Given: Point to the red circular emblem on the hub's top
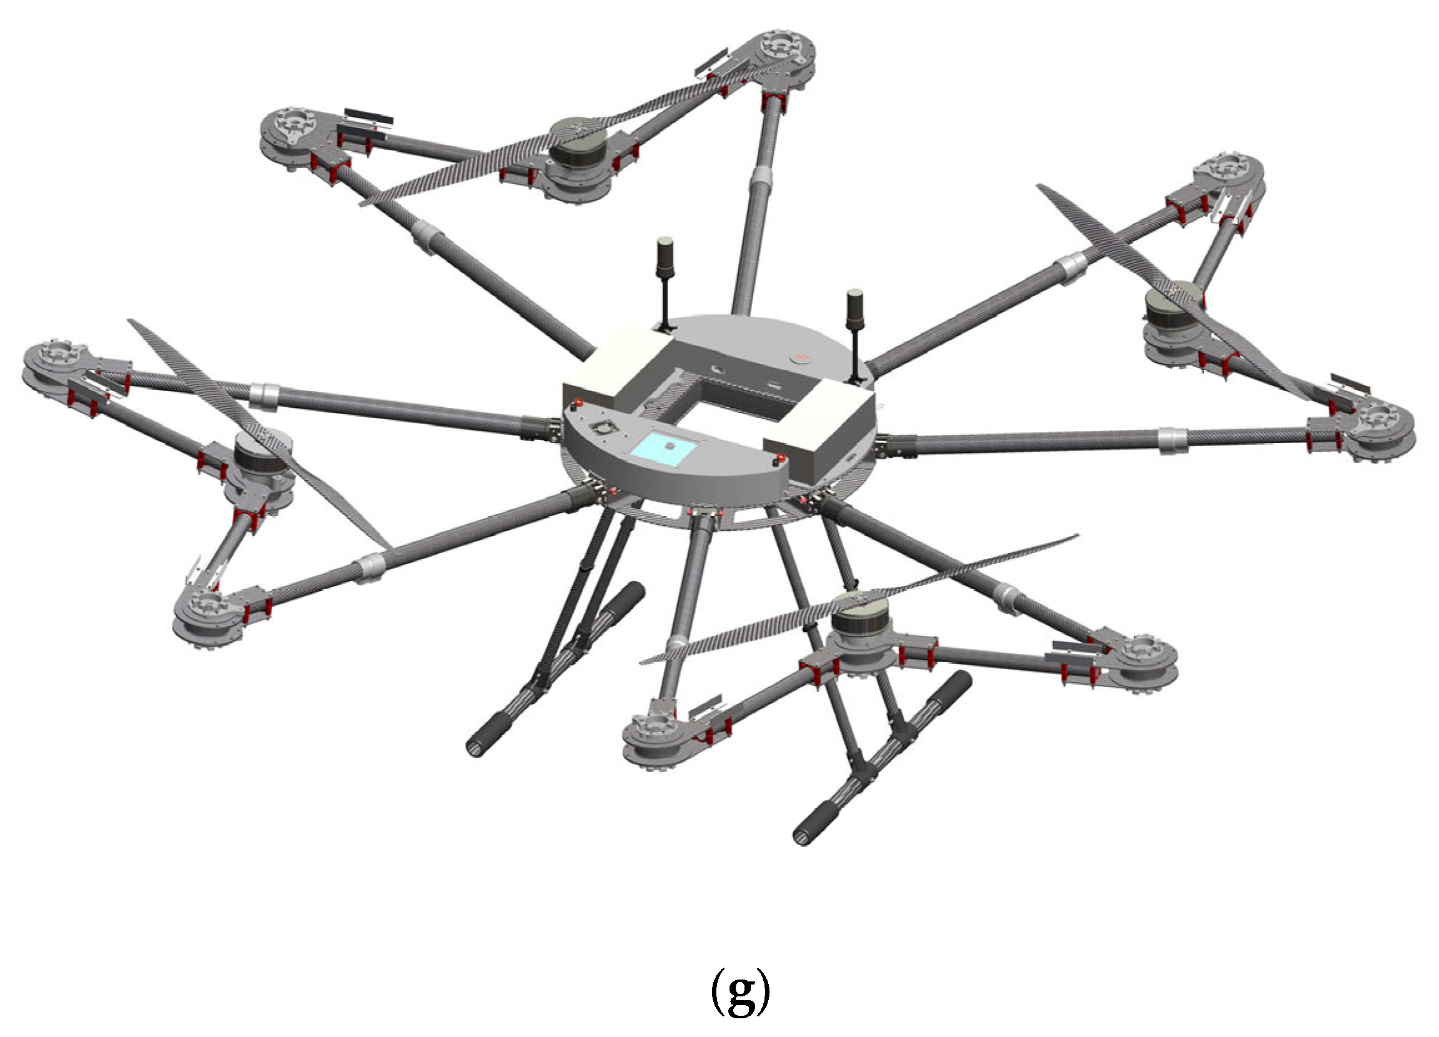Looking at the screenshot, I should pyautogui.click(x=801, y=358).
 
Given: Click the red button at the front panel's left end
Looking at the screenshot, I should pyautogui.click(x=578, y=403).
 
